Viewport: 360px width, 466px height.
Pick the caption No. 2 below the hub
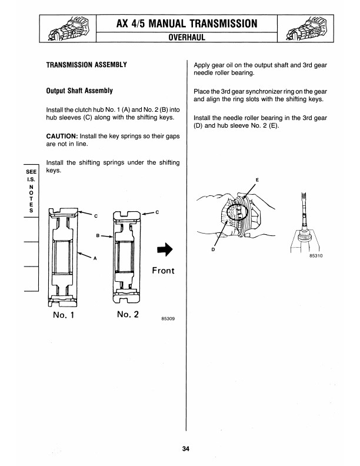pyautogui.click(x=128, y=314)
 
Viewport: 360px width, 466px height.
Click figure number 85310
pyautogui.click(x=316, y=256)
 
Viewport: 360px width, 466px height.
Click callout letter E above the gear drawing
pyautogui.click(x=256, y=179)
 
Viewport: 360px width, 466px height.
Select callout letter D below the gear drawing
pyautogui.click(x=212, y=250)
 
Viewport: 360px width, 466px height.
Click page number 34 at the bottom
pyautogui.click(x=186, y=450)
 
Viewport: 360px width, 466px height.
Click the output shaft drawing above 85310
pyautogui.click(x=304, y=224)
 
